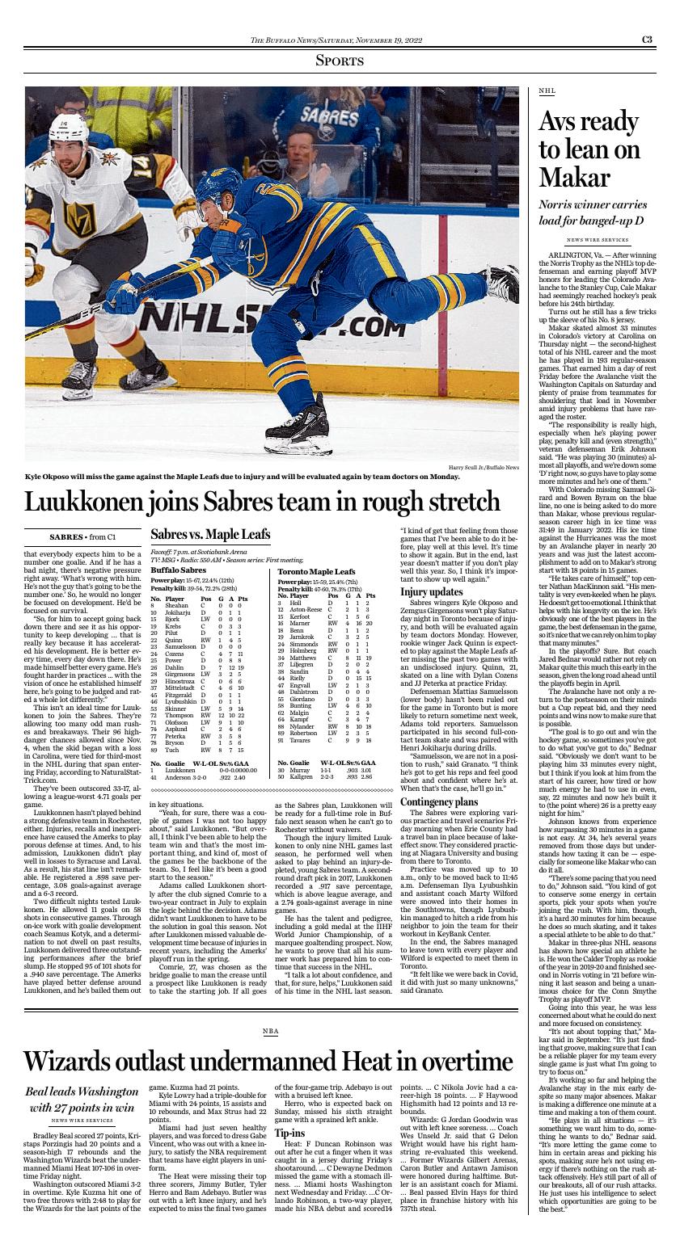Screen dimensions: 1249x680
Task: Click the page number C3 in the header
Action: (x=648, y=39)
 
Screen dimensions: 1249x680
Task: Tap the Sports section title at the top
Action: (x=340, y=61)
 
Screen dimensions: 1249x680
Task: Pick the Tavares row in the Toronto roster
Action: (x=323, y=739)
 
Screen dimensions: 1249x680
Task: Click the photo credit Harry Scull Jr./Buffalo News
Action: (x=484, y=468)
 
